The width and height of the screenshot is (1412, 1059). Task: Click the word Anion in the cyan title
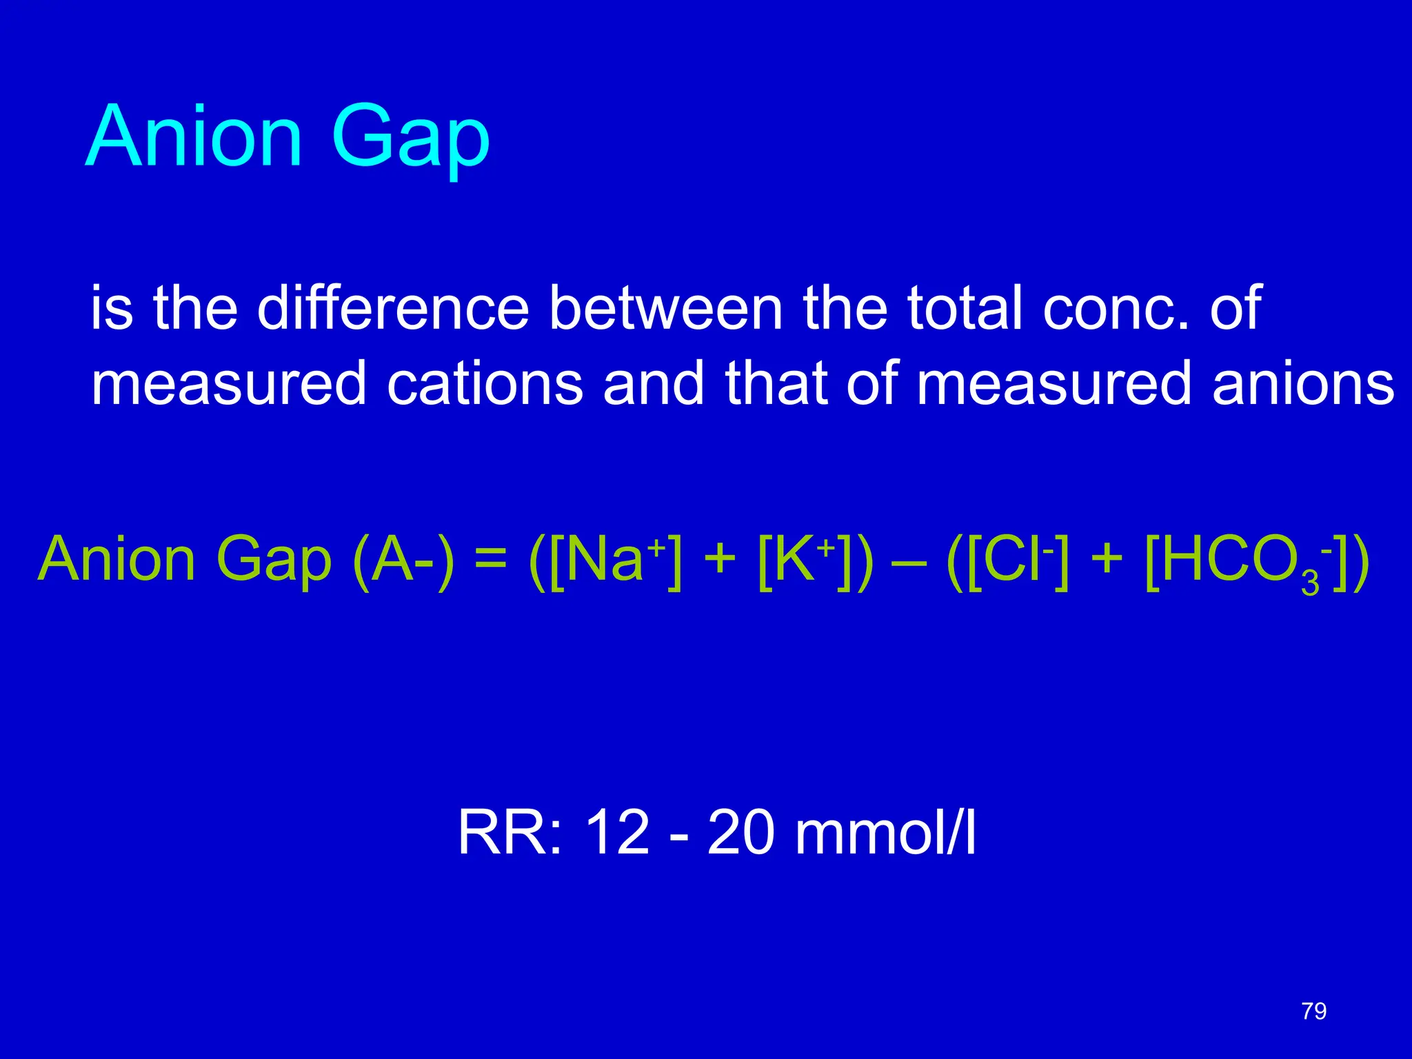pos(194,136)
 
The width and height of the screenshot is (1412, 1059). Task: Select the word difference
pos(393,307)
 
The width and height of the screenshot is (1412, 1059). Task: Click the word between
pos(666,307)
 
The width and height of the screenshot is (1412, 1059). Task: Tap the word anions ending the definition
pos(1303,383)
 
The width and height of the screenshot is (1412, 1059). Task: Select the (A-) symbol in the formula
pos(403,560)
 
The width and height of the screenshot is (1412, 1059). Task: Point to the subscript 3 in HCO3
pos(1310,584)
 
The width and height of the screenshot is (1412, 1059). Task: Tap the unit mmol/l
pos(885,833)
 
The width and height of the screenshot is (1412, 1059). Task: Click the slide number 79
pos(1314,1011)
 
